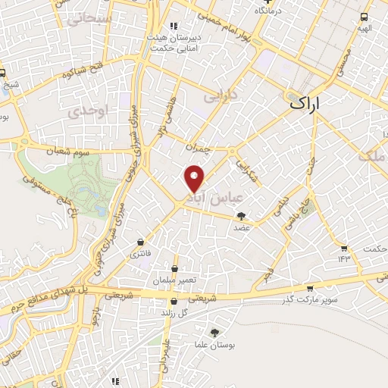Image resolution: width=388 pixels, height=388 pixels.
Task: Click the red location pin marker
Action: [195, 177]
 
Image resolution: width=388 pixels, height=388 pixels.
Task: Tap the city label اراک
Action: [305, 104]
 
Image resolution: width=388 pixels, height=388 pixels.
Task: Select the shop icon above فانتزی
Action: [141, 242]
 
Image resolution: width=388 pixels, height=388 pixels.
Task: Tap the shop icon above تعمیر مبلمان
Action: [175, 268]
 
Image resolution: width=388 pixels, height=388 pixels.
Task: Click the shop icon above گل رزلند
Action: [175, 302]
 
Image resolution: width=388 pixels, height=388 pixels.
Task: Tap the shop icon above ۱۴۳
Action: [345, 248]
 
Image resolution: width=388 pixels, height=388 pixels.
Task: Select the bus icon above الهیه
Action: [365, 17]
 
